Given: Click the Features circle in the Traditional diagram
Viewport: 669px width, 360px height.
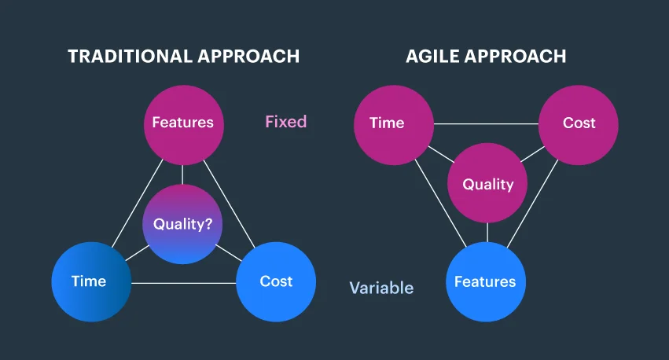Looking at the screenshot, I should (x=182, y=123).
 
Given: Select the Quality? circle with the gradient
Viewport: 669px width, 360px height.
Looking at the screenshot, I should (x=182, y=224).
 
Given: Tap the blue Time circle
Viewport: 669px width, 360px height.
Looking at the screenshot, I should (x=90, y=281).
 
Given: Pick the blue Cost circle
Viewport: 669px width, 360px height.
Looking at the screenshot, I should (x=276, y=281).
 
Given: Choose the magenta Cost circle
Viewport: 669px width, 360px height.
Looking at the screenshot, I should (x=579, y=123).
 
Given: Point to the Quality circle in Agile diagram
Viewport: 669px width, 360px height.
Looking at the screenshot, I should (x=487, y=184).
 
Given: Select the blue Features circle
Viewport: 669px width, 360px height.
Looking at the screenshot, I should (x=485, y=281).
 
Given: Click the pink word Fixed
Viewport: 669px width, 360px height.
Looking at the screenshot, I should (x=285, y=122).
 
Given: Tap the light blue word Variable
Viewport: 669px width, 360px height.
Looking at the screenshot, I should (x=381, y=288).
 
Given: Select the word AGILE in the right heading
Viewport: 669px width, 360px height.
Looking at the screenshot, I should (x=430, y=57).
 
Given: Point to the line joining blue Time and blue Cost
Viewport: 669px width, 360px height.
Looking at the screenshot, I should (x=183, y=283).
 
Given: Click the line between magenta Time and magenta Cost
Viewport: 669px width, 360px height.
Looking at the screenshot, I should (x=486, y=123).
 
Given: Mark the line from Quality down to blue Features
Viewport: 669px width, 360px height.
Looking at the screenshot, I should (x=487, y=233).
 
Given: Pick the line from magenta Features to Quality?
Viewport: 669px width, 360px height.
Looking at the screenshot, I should (x=182, y=173).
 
